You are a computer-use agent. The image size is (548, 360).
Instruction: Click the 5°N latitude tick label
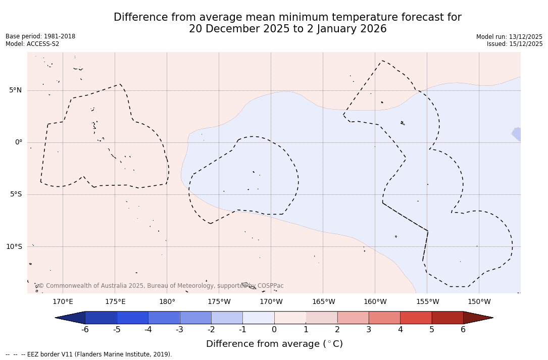click(15, 90)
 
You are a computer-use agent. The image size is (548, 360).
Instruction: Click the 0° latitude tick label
click(19, 142)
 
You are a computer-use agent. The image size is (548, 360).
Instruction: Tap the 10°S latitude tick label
click(14, 247)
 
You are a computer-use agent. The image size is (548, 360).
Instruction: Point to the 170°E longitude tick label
click(63, 302)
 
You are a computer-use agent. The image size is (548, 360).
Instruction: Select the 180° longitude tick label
click(167, 302)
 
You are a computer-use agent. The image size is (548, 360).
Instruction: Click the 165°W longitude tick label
click(323, 302)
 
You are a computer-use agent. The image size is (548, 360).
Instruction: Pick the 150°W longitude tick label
click(479, 302)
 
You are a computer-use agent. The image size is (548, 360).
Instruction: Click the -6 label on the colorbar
click(85, 330)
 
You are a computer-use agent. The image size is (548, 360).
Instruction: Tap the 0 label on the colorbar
click(274, 330)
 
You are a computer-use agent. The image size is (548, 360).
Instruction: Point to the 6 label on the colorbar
click(463, 330)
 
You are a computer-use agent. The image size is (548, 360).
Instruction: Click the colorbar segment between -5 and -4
click(132, 318)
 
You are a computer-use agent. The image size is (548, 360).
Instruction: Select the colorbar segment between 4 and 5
click(416, 318)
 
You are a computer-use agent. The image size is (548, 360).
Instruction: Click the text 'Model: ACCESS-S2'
click(32, 44)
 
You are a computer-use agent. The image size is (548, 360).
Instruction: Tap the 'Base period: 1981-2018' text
click(40, 36)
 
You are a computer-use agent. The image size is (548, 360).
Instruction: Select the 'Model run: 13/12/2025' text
click(509, 37)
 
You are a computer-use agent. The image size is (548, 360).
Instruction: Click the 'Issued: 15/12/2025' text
click(515, 44)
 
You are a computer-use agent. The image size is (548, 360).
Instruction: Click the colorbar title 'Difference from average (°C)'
click(274, 344)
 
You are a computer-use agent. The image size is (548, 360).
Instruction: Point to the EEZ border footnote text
click(89, 354)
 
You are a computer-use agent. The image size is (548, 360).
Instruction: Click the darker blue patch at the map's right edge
click(517, 134)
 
